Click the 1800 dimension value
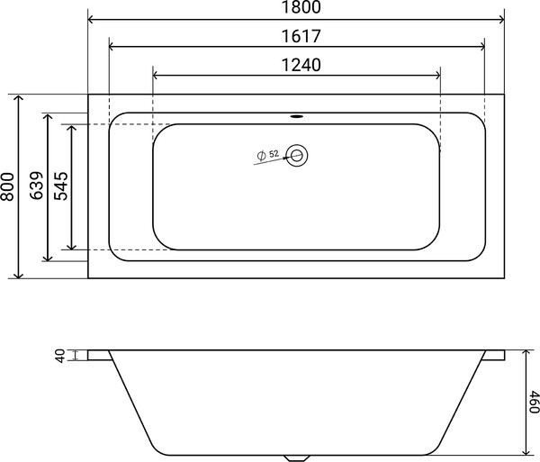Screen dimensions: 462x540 coord(296,8)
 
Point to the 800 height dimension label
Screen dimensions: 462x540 coord(8,186)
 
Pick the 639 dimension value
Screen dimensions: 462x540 coord(37,186)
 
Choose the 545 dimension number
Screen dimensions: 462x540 coord(63,186)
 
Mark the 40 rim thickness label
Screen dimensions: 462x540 coord(60,357)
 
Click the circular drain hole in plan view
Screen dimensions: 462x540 coord(298,156)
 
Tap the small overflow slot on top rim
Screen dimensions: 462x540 coord(297,115)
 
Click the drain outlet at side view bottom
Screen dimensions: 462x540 coord(297,456)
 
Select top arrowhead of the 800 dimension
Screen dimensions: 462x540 coord(18,97)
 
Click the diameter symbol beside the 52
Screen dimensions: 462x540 coord(260,156)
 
